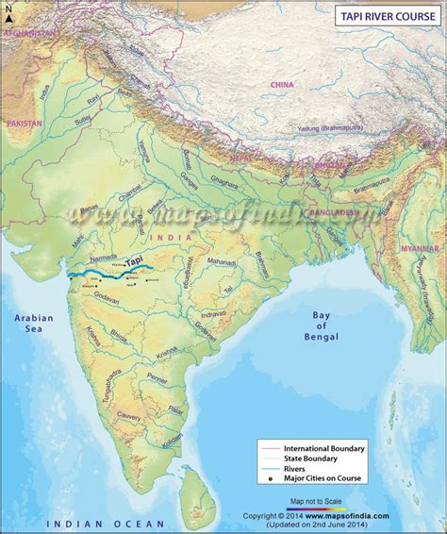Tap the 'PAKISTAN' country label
25,124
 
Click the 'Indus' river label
44,92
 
